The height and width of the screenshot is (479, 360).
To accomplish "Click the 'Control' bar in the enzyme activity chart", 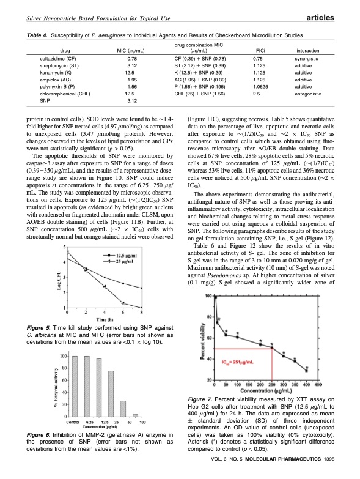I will pyautogui.click(x=74, y=394).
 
